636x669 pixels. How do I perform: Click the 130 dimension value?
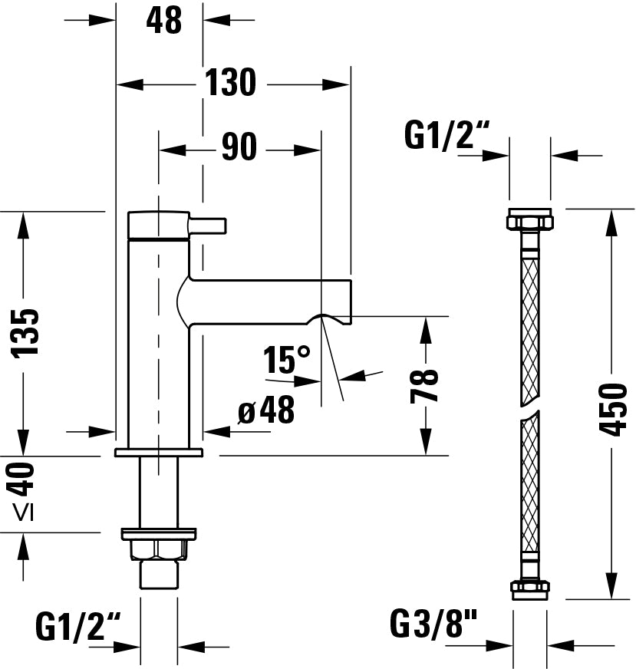pyautogui.click(x=230, y=83)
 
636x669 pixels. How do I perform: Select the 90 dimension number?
pyautogui.click(x=239, y=147)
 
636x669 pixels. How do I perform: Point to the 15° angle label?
pyautogui.click(x=287, y=360)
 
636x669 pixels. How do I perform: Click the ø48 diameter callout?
pyautogui.click(x=266, y=412)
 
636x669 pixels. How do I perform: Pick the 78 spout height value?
pyautogui.click(x=424, y=386)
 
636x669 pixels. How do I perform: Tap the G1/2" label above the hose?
pyautogui.click(x=446, y=137)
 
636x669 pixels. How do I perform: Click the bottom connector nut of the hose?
pyautogui.click(x=529, y=588)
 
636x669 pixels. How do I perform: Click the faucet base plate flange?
pyautogui.click(x=158, y=452)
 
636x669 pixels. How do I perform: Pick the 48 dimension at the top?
pyautogui.click(x=163, y=21)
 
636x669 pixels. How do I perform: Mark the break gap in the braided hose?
pyautogui.click(x=529, y=409)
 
